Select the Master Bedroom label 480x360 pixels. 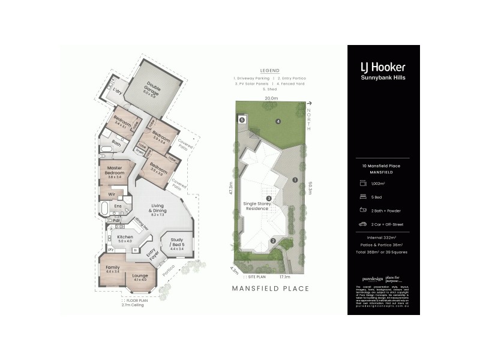(114, 172)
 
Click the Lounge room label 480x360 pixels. (140, 278)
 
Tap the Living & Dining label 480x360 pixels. (158, 212)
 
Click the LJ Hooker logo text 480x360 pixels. (382, 67)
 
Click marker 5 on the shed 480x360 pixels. (242, 119)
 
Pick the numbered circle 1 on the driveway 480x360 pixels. (295, 179)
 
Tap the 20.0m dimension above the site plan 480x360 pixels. (271, 98)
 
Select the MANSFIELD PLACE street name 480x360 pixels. (271, 289)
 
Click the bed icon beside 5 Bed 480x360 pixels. (362, 196)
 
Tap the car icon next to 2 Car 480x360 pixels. (362, 223)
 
